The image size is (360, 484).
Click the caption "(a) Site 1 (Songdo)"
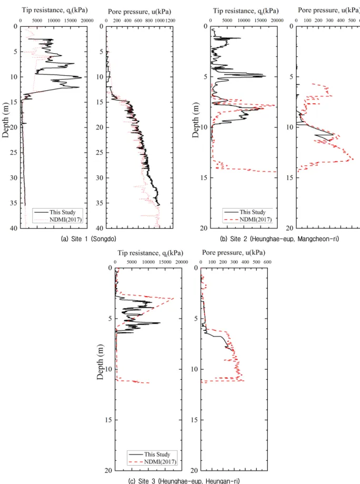(x=88, y=239)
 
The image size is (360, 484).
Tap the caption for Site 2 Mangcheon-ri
(x=279, y=239)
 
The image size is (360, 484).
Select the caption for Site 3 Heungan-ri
(x=184, y=481)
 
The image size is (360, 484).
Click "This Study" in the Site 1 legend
(x=62, y=212)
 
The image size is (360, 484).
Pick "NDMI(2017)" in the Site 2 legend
(x=255, y=220)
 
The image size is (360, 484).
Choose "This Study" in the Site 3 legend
(x=157, y=455)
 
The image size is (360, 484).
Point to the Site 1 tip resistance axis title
(x=55, y=10)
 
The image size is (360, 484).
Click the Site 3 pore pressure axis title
(x=234, y=252)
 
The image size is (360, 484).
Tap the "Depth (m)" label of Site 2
(x=196, y=120)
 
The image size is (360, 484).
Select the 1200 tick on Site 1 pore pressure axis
(x=171, y=21)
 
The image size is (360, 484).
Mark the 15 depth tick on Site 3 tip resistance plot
(x=108, y=420)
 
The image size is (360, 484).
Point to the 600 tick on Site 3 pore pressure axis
(x=267, y=262)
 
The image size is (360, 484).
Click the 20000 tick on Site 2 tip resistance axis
(x=277, y=21)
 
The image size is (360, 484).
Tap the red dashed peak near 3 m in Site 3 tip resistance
(x=173, y=299)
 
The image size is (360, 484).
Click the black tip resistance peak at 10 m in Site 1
(x=81, y=77)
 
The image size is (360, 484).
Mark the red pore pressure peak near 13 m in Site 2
(x=353, y=159)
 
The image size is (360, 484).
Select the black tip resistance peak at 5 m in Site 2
(x=265, y=76)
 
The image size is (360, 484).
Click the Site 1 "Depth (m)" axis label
(x=6, y=120)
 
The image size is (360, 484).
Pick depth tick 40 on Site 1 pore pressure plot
(x=99, y=229)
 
